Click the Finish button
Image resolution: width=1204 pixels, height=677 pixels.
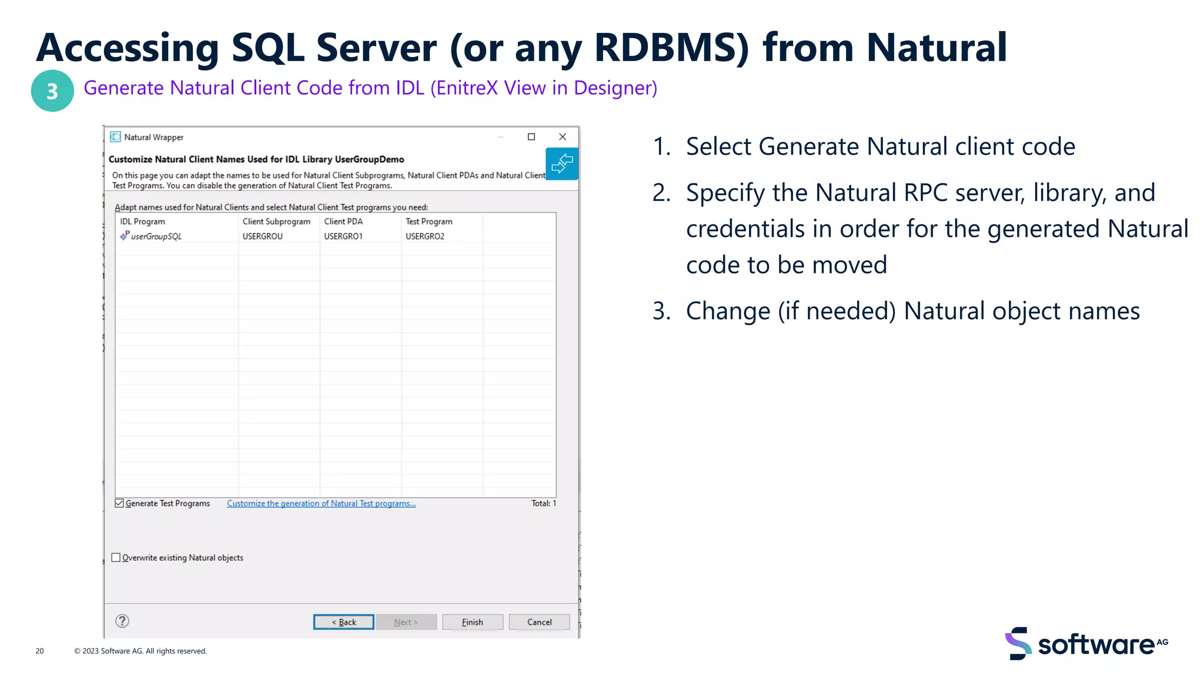point(472,622)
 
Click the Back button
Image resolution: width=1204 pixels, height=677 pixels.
point(344,622)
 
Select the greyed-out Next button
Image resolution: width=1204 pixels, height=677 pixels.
point(406,622)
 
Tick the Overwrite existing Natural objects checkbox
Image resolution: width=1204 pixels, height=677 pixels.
point(116,558)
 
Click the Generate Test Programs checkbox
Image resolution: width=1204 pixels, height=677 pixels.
point(120,503)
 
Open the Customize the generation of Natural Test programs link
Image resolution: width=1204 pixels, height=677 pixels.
point(321,504)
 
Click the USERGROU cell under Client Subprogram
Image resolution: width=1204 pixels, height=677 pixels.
point(263,236)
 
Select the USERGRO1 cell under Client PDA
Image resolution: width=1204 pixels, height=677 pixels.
point(343,236)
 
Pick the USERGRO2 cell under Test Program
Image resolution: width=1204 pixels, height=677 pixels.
point(425,236)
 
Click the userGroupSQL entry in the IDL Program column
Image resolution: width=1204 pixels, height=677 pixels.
point(156,236)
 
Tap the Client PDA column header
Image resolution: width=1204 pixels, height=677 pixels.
point(343,222)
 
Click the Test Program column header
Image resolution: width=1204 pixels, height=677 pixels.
point(429,222)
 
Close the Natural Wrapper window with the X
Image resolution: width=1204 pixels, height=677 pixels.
point(563,137)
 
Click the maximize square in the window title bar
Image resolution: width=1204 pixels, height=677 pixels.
point(531,137)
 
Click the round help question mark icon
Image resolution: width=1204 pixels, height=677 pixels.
point(122,621)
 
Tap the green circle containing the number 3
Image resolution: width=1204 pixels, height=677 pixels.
point(52,91)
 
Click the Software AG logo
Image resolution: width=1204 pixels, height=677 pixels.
point(1086,644)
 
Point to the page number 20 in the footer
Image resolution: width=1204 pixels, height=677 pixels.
point(40,651)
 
